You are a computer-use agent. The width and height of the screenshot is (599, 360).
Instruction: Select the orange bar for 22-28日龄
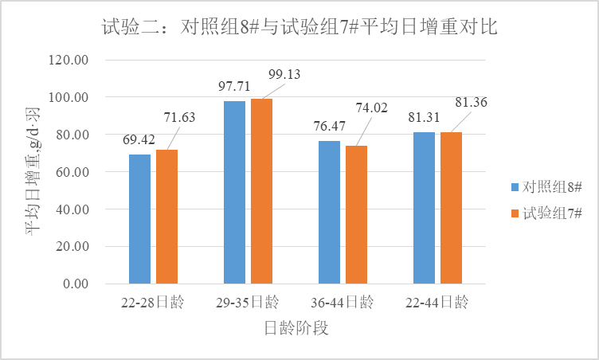tap(166, 217)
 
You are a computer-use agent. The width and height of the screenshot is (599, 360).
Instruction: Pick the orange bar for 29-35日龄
tap(261, 191)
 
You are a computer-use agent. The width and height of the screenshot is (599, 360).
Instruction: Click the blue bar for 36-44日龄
tap(329, 213)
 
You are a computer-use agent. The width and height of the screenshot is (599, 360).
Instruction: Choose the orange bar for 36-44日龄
tap(356, 215)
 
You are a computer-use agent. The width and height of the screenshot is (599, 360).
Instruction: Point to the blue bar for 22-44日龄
tap(424, 208)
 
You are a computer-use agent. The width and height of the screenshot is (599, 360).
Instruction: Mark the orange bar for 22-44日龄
tap(451, 208)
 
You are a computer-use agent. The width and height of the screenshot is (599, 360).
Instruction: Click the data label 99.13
tap(285, 74)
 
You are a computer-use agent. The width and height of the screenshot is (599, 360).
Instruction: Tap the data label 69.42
tap(139, 139)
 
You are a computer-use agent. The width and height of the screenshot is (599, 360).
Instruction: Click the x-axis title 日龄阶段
tap(296, 328)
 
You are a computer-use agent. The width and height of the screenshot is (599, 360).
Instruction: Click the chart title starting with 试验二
tap(299, 27)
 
